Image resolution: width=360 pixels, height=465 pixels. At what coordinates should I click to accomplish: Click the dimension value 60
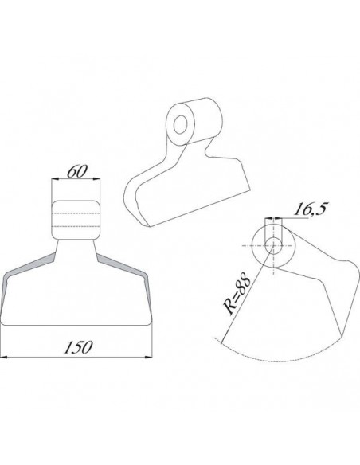click(x=77, y=171)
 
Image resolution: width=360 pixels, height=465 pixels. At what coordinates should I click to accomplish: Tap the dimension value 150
click(x=79, y=347)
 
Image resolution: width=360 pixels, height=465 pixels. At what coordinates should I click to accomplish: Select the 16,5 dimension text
click(x=310, y=209)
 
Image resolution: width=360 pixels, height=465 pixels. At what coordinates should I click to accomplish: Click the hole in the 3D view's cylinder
click(x=180, y=124)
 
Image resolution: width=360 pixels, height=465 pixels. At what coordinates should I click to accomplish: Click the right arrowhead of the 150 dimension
click(x=149, y=357)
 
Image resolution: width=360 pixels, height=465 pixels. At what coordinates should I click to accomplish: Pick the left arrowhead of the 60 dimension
click(x=55, y=179)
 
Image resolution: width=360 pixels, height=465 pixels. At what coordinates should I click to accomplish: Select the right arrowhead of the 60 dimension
click(x=96, y=179)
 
